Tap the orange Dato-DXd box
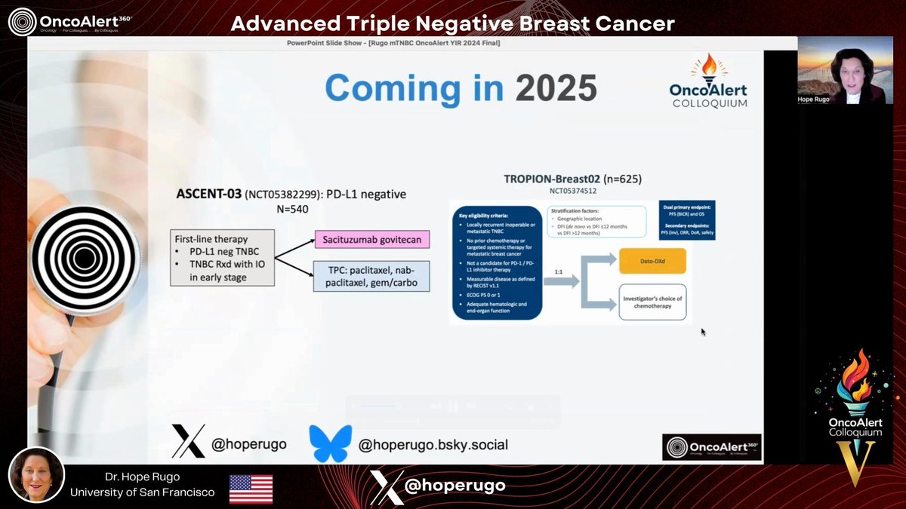(x=652, y=262)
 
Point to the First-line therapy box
(x=221, y=257)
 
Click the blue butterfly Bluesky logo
(x=330, y=443)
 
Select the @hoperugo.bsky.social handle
(x=433, y=445)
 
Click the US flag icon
(x=251, y=489)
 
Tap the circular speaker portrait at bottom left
(x=36, y=480)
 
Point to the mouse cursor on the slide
(x=703, y=331)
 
